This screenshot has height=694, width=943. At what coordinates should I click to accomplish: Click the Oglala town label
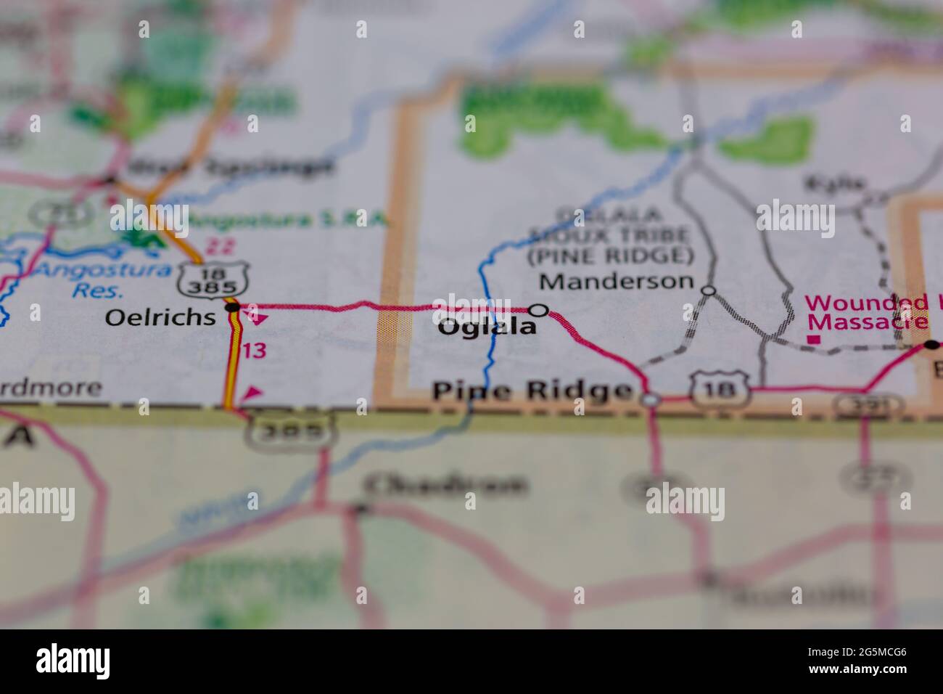coord(487,327)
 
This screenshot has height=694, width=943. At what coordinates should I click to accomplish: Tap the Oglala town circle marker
coord(538,310)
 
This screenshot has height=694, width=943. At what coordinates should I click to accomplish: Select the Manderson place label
coord(617,280)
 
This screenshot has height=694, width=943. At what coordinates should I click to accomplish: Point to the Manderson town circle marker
coord(709,290)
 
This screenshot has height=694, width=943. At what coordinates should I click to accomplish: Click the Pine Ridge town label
coord(531,391)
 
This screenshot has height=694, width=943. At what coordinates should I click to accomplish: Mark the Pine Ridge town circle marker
coord(651,399)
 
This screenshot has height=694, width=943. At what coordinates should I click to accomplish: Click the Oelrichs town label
coord(160,317)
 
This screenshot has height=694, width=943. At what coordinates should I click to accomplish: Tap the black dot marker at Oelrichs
coord(232,308)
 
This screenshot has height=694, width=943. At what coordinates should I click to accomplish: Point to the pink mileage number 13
coord(254,351)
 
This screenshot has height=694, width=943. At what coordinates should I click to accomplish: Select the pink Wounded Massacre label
coord(868,311)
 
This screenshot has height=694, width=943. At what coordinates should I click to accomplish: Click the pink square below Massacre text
coord(815,338)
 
